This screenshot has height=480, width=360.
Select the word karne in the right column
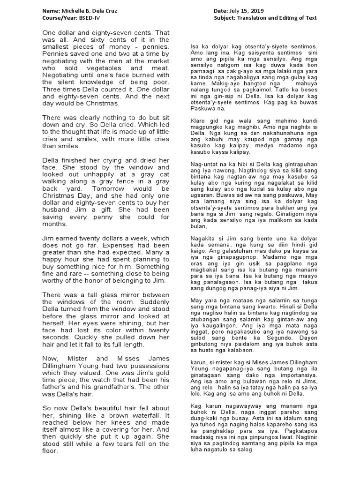click(x=198, y=84)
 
